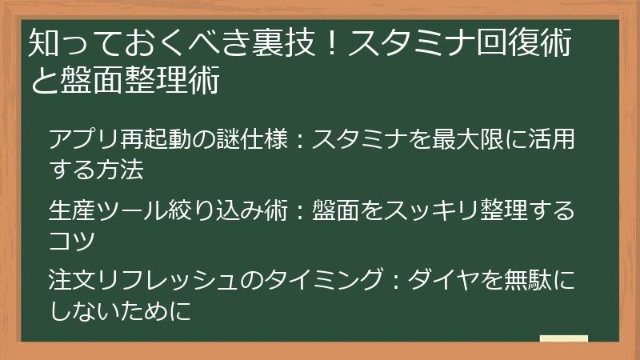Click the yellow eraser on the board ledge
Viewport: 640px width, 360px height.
[563, 338]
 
